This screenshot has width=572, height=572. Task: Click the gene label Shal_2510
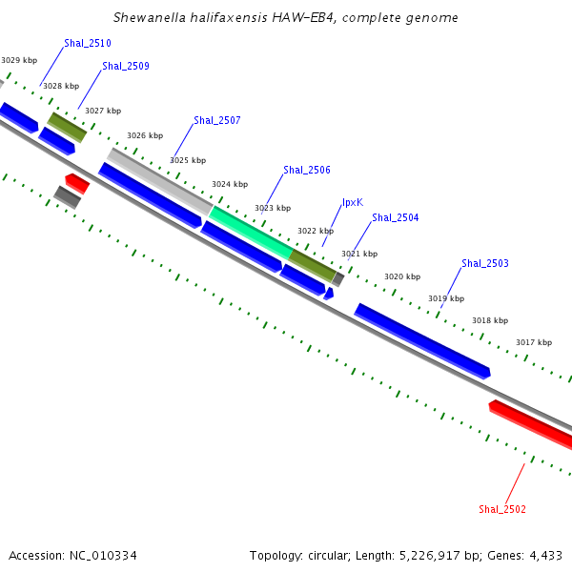point(88,44)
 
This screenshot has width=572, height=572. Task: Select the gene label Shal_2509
point(126,67)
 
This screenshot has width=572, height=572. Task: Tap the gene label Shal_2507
point(217,121)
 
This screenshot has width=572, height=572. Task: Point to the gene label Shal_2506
point(307,171)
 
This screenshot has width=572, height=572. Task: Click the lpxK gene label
point(353,203)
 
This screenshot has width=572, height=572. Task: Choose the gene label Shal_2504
point(396,218)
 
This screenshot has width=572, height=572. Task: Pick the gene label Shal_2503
point(485,264)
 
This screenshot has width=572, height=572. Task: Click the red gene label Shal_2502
point(502,509)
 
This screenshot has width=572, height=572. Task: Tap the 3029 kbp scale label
point(19,61)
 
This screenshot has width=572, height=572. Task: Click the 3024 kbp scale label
point(230,185)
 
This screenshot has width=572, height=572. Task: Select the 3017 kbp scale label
point(534,343)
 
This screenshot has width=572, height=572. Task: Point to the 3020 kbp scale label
point(402,277)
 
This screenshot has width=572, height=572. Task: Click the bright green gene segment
point(252,231)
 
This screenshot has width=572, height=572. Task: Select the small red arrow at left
point(77,181)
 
